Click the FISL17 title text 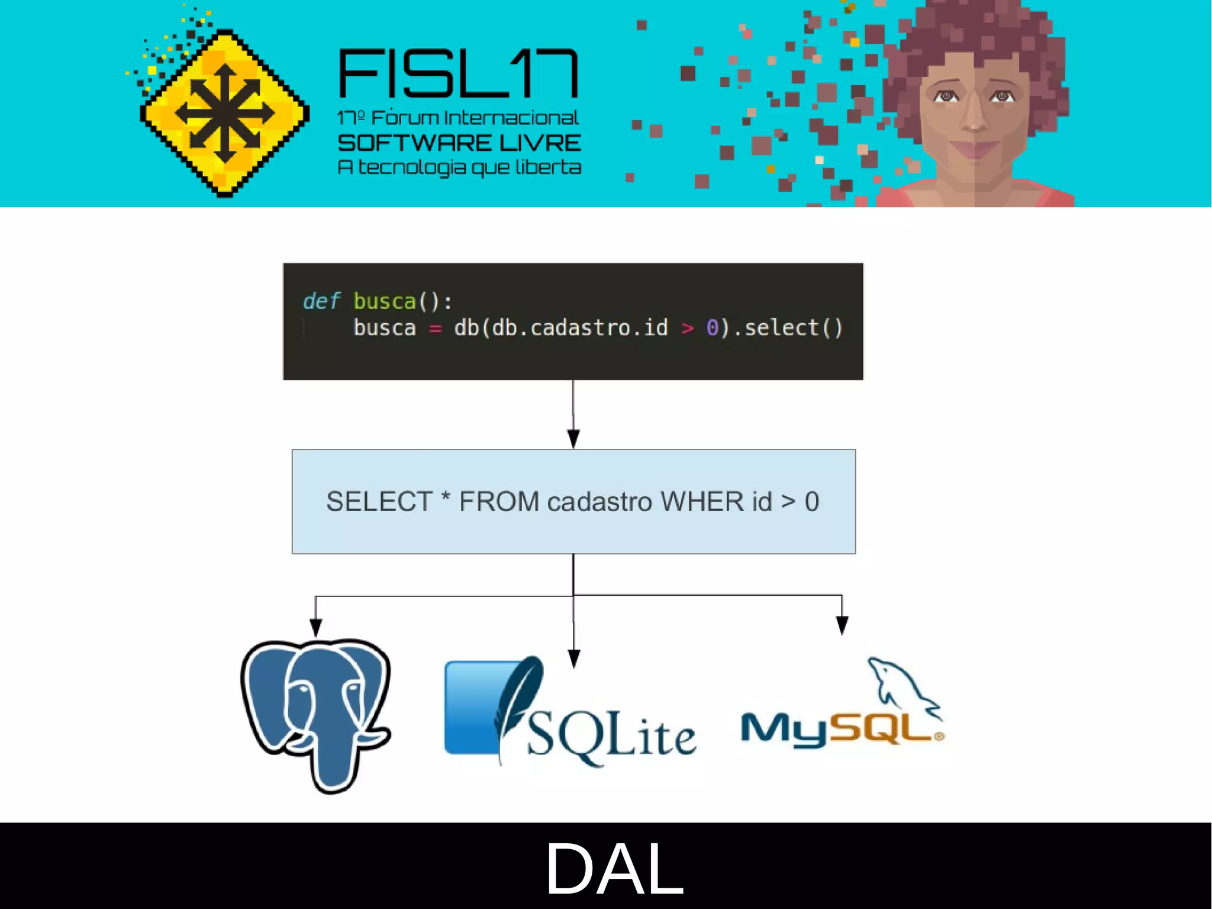[x=458, y=74]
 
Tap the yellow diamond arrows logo [x=224, y=113]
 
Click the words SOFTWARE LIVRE [x=459, y=143]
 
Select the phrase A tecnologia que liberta [x=459, y=168]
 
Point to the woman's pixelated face [x=974, y=113]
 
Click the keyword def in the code [x=321, y=301]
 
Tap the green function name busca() [x=385, y=301]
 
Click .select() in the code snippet [x=793, y=327]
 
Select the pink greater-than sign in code [x=687, y=327]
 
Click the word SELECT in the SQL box [x=379, y=502]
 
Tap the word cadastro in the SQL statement [x=599, y=502]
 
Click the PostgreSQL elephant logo [x=317, y=714]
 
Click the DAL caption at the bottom [x=614, y=868]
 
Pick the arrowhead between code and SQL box [x=573, y=439]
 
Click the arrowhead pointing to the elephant [x=316, y=628]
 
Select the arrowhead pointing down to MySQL [x=842, y=625]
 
